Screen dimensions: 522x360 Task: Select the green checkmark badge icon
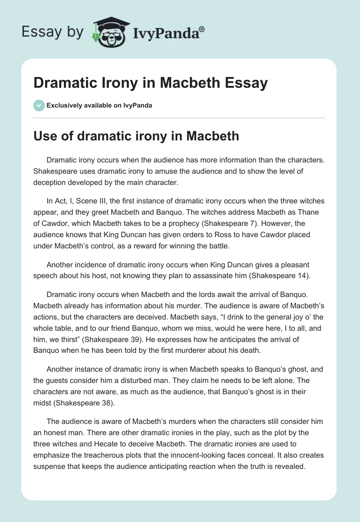click(x=38, y=105)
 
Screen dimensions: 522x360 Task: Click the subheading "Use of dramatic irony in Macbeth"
click(x=136, y=135)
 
